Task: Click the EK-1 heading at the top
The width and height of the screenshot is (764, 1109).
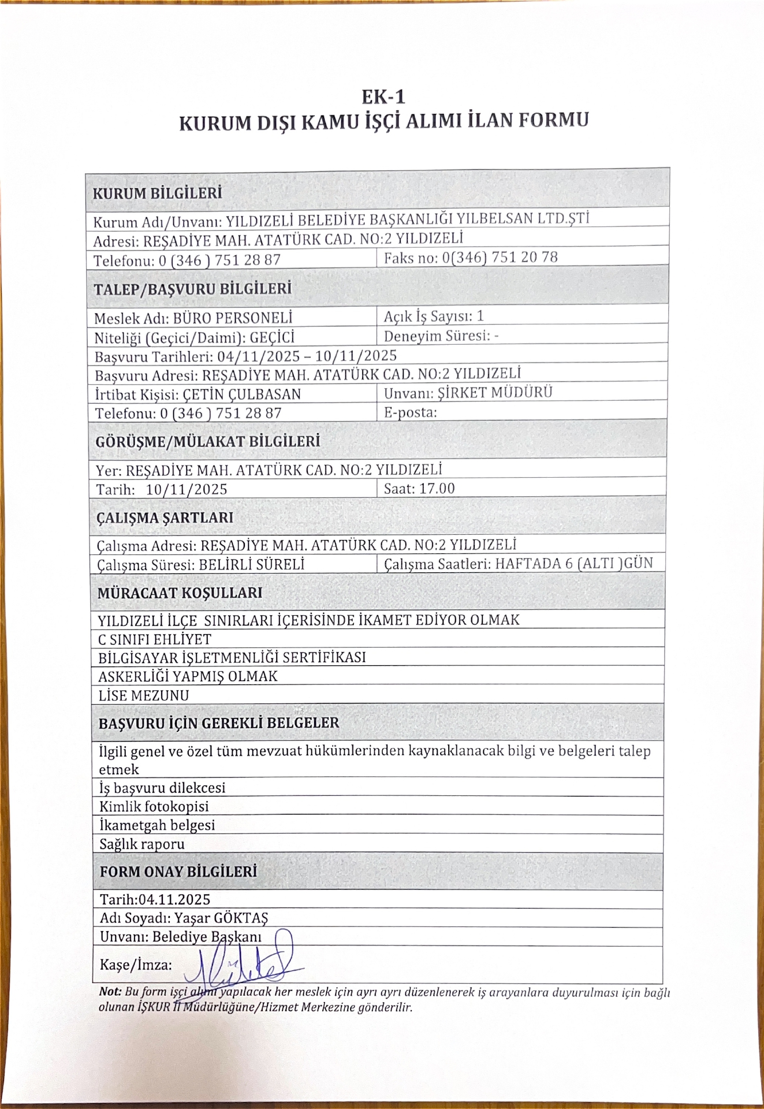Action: (x=383, y=96)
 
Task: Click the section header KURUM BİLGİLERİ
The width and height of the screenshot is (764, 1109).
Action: (x=157, y=193)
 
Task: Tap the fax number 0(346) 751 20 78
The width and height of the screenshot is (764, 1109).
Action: (x=500, y=258)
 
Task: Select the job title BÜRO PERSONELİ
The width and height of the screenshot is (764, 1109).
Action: (x=233, y=318)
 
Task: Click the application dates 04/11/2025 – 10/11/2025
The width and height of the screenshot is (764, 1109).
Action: (x=299, y=355)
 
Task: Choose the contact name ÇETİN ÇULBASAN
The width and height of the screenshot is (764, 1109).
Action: (x=241, y=395)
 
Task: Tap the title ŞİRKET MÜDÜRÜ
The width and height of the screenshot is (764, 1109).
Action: (x=495, y=393)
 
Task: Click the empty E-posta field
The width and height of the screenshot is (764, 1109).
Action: (x=520, y=412)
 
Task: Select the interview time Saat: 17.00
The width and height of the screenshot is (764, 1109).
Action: (x=419, y=489)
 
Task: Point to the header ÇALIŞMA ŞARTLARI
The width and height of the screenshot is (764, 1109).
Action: (x=165, y=518)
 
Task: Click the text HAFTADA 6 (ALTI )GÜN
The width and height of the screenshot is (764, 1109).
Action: (x=573, y=563)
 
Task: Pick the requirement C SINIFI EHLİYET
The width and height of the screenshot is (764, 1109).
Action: (x=155, y=639)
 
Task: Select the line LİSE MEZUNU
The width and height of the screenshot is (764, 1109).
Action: (x=144, y=695)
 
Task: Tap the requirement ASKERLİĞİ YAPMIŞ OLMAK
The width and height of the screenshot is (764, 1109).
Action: (x=188, y=676)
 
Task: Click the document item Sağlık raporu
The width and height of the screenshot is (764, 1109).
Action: (x=142, y=844)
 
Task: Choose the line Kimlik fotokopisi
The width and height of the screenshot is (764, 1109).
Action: (x=154, y=806)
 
